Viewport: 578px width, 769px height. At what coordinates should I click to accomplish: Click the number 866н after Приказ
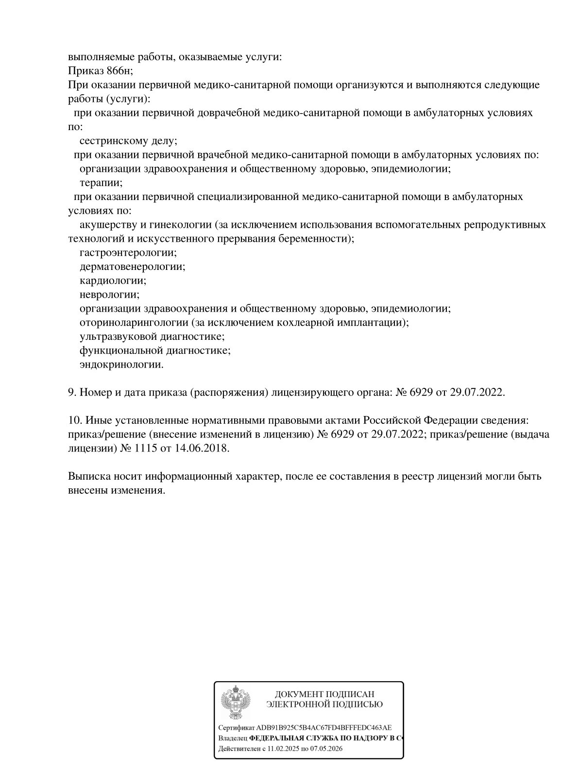click(x=119, y=71)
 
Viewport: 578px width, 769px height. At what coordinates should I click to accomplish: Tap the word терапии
click(x=101, y=183)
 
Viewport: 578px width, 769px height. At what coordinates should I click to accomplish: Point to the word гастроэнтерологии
click(x=128, y=252)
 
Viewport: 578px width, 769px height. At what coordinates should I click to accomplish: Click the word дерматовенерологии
click(x=132, y=267)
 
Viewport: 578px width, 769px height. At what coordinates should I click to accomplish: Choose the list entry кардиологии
click(x=113, y=281)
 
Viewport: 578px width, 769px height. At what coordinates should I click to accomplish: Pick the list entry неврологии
click(x=109, y=295)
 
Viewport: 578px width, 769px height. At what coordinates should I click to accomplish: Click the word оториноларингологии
click(x=134, y=322)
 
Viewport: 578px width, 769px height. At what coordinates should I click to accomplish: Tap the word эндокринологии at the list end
click(x=121, y=365)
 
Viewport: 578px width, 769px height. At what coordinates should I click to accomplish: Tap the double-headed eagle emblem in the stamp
click(x=236, y=700)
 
